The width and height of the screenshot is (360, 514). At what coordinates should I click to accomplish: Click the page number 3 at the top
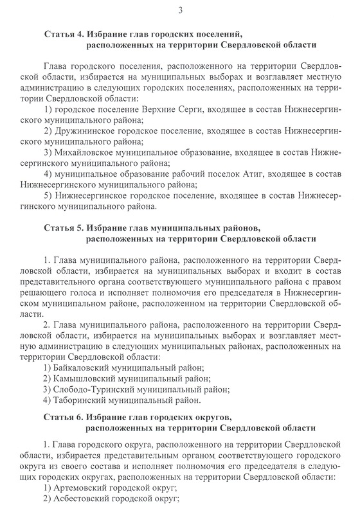pos(181,10)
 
